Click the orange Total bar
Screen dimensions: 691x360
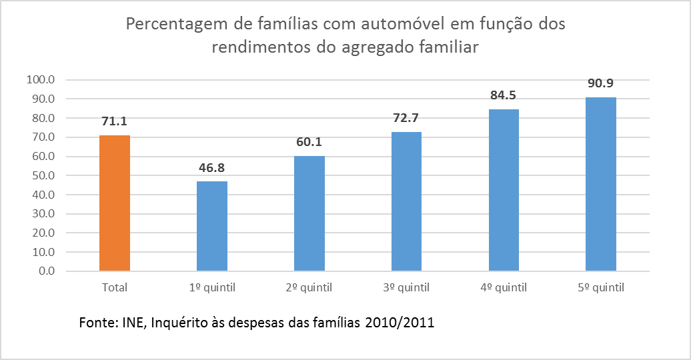(x=115, y=203)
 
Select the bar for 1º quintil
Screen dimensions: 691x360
(x=212, y=226)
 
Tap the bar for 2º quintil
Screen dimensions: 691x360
(x=309, y=214)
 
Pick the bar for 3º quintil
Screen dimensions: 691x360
(x=406, y=201)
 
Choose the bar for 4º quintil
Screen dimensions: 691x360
(x=504, y=190)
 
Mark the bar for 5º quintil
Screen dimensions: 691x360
(x=601, y=184)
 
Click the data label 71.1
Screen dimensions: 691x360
(x=115, y=121)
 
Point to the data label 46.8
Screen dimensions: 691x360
(x=211, y=167)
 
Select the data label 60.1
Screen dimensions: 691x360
(x=309, y=142)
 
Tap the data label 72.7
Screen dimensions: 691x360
(x=406, y=118)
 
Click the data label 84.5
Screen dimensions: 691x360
(x=504, y=95)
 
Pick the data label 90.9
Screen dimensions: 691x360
(x=601, y=83)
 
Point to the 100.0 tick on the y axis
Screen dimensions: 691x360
(x=41, y=80)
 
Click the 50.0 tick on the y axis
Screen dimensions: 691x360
(x=43, y=175)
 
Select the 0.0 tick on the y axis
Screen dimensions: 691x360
(x=46, y=271)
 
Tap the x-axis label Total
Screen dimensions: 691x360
(x=115, y=288)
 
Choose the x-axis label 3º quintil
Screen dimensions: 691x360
(x=406, y=288)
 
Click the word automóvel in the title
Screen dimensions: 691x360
(x=403, y=23)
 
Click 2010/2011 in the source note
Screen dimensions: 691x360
(x=400, y=323)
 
